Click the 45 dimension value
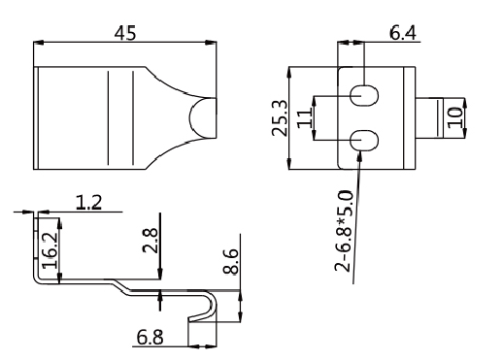coord(125,33)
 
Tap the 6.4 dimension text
coord(403,33)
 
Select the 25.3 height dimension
coord(280,118)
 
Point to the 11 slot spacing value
coord(305,118)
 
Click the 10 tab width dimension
coord(455,117)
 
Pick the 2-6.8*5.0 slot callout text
coord(344,231)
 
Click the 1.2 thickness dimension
coord(88,203)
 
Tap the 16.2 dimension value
coord(50,250)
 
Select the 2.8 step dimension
coord(151,241)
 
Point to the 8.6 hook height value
coord(231,262)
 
